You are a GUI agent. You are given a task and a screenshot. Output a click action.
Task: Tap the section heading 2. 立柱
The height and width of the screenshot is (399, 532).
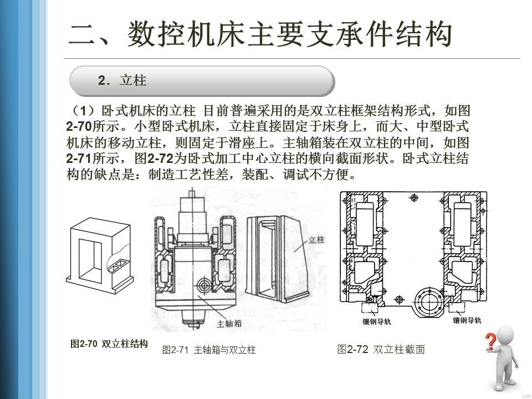coord(122,81)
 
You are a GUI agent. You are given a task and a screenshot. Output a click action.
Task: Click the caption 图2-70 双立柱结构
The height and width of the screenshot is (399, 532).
coord(109,344)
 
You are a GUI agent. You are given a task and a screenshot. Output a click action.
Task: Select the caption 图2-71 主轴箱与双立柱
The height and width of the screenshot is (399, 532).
coord(209,350)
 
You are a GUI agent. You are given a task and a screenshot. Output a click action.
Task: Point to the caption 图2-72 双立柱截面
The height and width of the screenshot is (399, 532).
coord(381,349)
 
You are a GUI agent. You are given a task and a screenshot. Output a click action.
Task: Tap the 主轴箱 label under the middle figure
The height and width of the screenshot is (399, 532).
coord(229,323)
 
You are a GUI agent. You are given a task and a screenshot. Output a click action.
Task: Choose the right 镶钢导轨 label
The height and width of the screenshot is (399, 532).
coord(467,320)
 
